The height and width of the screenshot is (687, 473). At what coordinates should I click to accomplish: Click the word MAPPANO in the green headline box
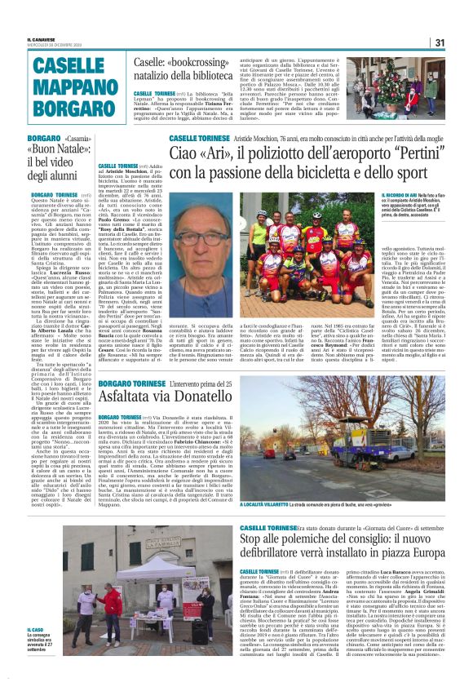coord(68,87)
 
